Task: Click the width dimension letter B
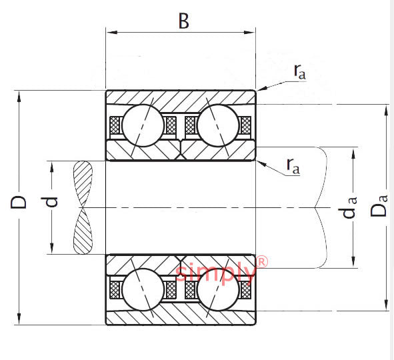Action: point(184,21)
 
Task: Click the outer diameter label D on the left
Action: point(19,201)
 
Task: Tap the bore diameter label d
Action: point(49,202)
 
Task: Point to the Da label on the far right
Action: point(379,206)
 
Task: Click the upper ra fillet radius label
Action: point(300,71)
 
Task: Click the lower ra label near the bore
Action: point(293,166)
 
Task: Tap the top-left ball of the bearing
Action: point(143,125)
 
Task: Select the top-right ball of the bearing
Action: point(218,125)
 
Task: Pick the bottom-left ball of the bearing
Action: point(143,289)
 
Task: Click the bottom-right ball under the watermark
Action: point(218,289)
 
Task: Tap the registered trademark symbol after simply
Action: point(262,261)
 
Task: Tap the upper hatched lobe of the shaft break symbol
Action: point(83,184)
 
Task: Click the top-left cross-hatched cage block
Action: point(115,125)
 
